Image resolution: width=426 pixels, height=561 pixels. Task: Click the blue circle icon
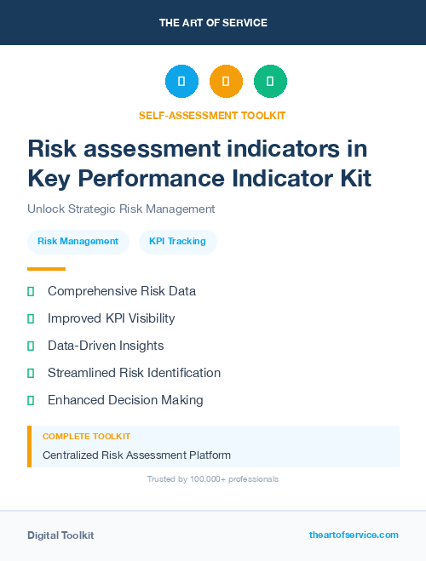[x=181, y=82]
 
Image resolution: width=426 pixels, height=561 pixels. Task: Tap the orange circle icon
[x=226, y=82]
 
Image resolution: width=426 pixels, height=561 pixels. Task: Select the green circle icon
[x=270, y=82]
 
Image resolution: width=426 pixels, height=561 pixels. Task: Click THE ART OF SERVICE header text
[x=213, y=23]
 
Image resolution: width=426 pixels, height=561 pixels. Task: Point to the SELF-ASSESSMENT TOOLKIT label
[x=212, y=115]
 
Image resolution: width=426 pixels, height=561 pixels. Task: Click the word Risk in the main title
[x=53, y=149]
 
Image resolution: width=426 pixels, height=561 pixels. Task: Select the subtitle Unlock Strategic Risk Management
[x=121, y=209]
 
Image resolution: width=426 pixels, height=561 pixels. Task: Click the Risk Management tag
[x=78, y=242]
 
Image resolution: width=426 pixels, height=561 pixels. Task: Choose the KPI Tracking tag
[x=177, y=242]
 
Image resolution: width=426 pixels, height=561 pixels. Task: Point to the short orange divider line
[x=46, y=269]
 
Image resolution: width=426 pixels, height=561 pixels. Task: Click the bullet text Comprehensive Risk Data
[x=122, y=291]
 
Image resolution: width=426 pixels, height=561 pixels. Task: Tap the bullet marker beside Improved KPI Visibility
[x=31, y=318]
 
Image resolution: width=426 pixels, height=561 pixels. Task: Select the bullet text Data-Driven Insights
[x=106, y=346]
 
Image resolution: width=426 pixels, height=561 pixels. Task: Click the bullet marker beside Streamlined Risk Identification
[x=31, y=373]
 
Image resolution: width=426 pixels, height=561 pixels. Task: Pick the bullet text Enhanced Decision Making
[x=125, y=400]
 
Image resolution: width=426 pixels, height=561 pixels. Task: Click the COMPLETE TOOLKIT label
[x=86, y=436]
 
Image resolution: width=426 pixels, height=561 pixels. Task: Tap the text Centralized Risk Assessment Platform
[x=136, y=455]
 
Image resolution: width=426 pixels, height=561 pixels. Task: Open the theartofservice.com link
[x=354, y=535]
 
